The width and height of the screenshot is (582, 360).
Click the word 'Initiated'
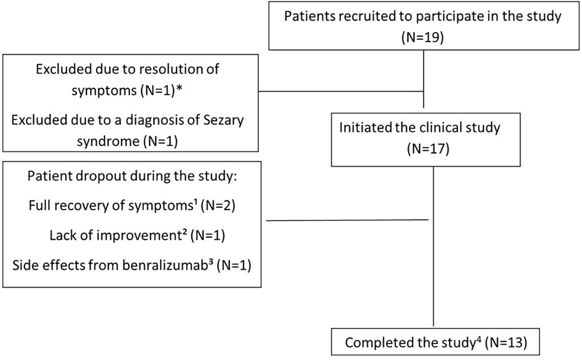362,128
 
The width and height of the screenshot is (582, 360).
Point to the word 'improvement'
145,235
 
